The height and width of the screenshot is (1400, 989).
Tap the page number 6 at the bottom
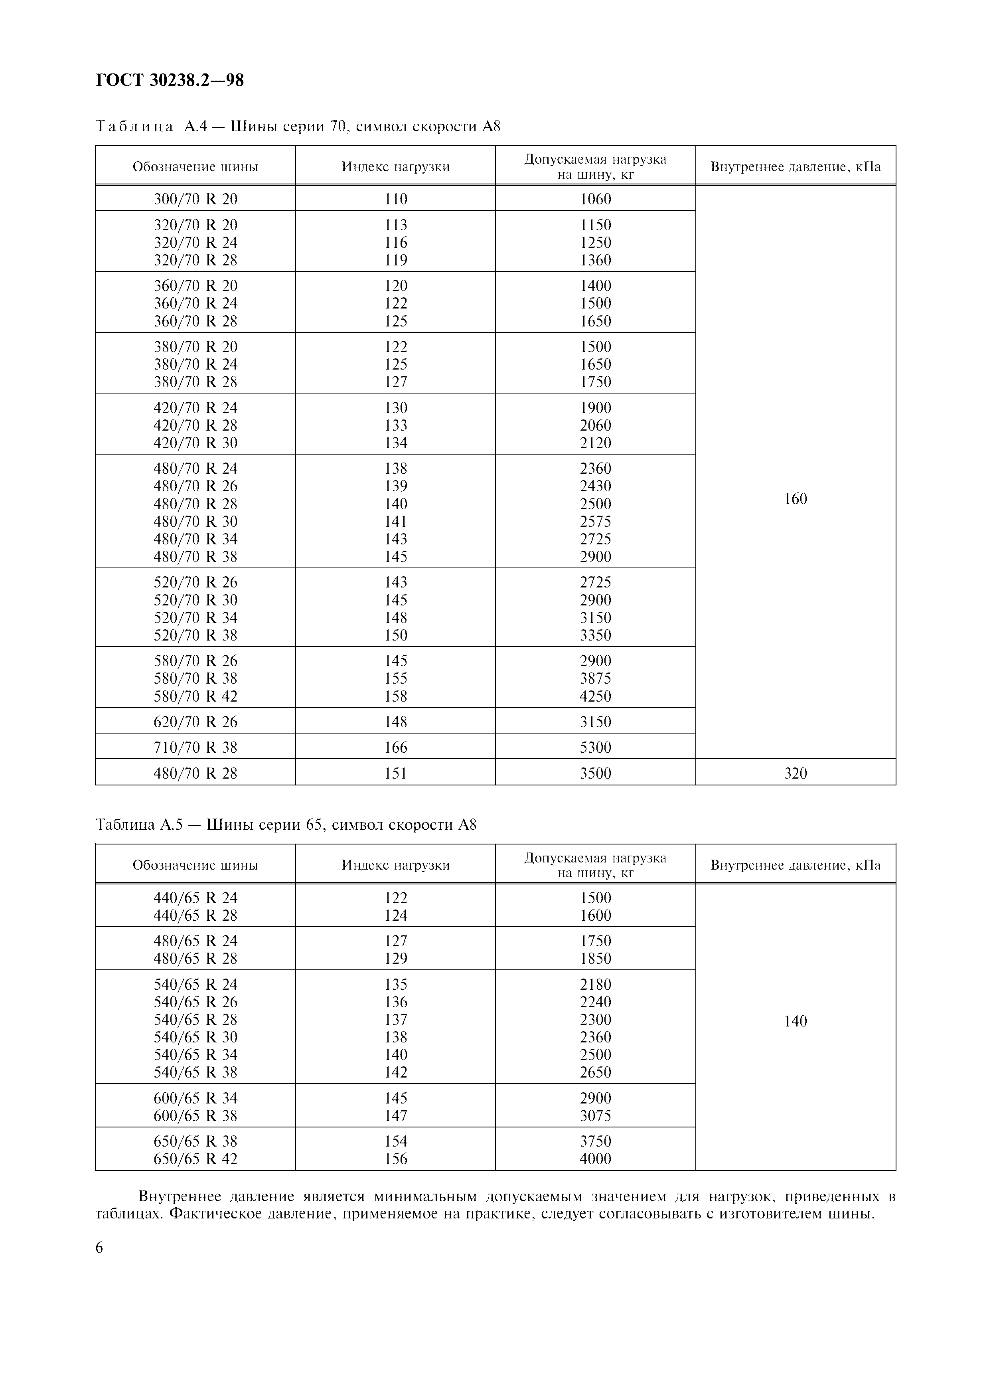tap(99, 1248)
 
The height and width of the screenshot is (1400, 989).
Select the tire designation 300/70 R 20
tap(195, 199)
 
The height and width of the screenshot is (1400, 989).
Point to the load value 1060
tap(595, 199)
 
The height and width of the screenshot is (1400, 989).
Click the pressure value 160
tap(795, 499)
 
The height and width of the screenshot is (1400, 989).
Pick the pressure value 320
tap(795, 773)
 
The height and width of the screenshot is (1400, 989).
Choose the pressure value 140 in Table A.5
tap(795, 1021)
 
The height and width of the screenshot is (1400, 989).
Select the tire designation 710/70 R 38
tap(195, 747)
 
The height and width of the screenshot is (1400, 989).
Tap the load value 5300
tap(595, 747)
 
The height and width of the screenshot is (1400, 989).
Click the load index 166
tap(395, 747)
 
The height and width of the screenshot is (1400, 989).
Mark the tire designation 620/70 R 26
tap(195, 721)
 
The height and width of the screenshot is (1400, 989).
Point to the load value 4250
tap(595, 696)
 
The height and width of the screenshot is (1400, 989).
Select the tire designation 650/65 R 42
tap(195, 1159)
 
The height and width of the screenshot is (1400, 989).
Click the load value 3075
tap(595, 1115)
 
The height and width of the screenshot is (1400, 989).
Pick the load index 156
tap(395, 1159)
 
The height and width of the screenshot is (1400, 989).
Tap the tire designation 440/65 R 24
tap(195, 898)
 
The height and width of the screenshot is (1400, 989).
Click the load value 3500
tap(595, 773)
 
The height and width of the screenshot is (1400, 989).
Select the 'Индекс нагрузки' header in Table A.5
tap(395, 865)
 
